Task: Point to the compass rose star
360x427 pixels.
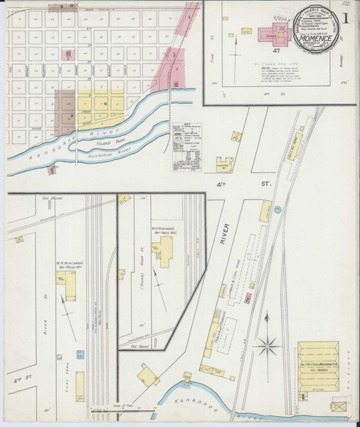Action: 268,347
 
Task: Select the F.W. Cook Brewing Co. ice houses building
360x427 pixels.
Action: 317,365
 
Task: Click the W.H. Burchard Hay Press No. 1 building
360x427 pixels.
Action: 71,286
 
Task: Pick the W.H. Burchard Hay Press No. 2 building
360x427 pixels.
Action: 165,250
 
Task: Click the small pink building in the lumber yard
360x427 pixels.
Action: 248,297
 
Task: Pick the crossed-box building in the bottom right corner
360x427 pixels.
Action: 339,406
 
